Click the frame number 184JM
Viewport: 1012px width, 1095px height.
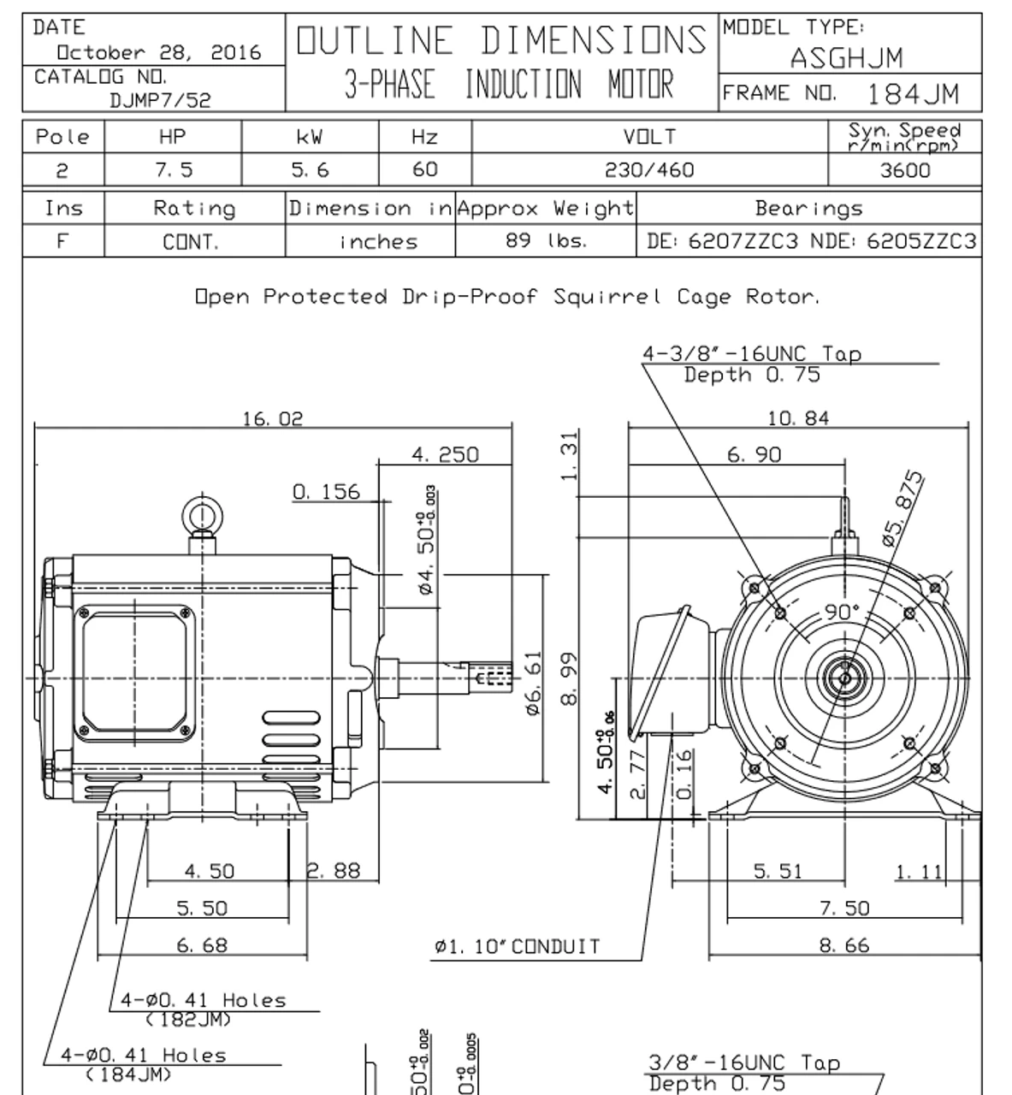point(913,93)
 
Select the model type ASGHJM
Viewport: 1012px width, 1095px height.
point(845,58)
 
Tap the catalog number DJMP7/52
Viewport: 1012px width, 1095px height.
point(160,99)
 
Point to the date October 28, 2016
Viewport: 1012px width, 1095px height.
point(158,53)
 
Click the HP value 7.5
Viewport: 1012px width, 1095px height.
point(173,170)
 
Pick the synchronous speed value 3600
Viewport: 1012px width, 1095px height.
point(904,170)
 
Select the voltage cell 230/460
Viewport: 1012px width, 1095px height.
point(649,170)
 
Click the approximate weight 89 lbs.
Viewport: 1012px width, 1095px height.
point(546,241)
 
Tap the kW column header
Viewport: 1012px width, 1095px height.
point(309,137)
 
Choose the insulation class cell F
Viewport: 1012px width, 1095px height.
point(62,241)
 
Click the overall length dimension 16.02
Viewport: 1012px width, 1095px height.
point(272,418)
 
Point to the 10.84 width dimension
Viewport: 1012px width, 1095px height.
point(798,418)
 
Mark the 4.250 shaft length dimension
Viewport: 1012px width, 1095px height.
point(445,454)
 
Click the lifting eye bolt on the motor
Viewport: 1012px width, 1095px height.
point(202,517)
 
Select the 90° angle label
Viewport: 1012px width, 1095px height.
point(843,612)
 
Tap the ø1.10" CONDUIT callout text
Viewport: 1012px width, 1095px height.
point(517,947)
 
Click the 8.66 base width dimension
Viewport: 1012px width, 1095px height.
point(843,945)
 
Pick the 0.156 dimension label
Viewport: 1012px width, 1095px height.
point(326,492)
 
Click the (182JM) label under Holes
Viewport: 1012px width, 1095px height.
point(189,1019)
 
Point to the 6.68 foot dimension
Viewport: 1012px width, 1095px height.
point(202,945)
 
